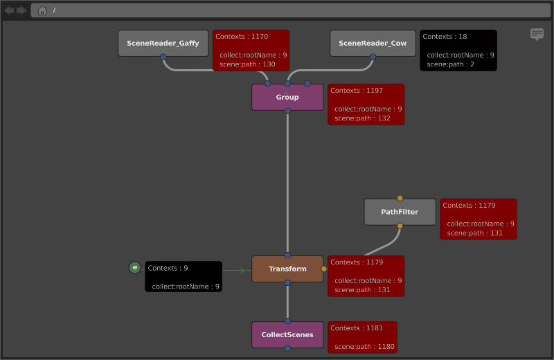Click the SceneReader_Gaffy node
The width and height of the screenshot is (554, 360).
163,43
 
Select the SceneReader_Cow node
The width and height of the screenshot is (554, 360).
373,43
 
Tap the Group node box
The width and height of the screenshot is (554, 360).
287,97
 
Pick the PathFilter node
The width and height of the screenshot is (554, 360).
400,212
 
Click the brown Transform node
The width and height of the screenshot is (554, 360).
287,269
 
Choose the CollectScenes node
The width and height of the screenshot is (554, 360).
287,334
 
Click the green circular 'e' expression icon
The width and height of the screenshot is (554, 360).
134,267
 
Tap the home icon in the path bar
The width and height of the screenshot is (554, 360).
42,10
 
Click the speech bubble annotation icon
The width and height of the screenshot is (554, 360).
537,34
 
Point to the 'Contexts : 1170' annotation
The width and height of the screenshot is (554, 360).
251,50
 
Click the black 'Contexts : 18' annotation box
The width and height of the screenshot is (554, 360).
458,50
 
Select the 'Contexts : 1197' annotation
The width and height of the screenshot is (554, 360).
366,105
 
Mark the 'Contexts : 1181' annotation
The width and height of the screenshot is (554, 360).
362,337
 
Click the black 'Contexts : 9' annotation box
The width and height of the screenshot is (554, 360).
184,277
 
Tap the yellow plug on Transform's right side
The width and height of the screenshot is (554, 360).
324,269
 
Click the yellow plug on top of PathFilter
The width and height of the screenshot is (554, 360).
400,198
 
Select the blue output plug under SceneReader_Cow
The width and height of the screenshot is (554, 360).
373,57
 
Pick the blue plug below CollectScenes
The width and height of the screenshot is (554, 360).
287,348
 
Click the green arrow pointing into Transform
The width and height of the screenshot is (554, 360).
234,270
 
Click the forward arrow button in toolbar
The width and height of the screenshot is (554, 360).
21,10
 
